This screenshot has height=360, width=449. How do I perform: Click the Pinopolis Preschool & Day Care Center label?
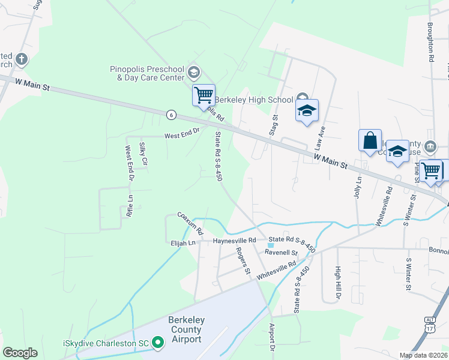147,73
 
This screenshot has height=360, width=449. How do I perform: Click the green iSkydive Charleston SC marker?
158,343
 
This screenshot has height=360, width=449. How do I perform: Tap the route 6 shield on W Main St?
172,114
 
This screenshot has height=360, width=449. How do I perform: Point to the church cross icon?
21,59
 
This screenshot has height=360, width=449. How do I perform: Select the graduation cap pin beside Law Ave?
307,110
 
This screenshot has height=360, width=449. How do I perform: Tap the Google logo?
20,353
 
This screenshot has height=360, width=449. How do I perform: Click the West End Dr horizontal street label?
182,136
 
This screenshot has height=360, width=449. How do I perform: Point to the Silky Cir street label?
143,154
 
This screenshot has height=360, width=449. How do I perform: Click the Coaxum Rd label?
190,223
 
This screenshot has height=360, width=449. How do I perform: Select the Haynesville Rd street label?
235,241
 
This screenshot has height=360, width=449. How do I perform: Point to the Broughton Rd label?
430,43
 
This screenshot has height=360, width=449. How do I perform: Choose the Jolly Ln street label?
359,187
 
